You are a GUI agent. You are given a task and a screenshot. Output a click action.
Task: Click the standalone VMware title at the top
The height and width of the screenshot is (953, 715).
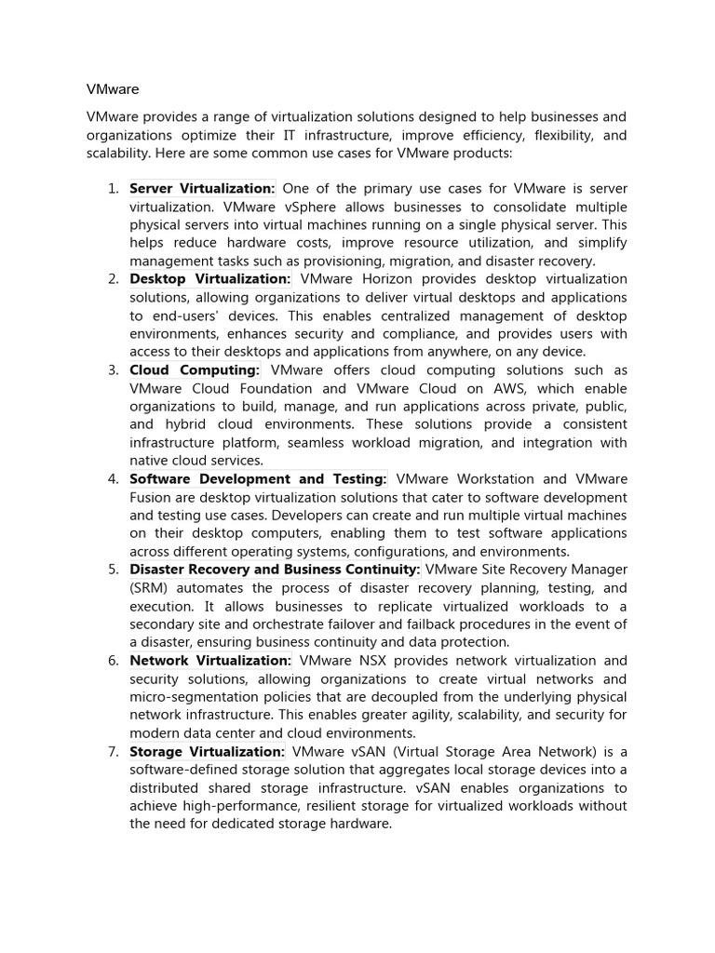(113, 89)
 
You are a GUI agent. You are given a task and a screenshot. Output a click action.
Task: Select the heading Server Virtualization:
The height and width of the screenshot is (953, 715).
(202, 189)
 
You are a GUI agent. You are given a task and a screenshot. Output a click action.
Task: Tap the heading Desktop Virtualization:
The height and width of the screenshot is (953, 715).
(209, 279)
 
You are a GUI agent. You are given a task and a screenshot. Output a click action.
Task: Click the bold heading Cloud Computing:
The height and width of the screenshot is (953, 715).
(195, 370)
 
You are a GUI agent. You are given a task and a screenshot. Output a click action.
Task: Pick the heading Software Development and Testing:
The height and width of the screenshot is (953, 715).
(258, 479)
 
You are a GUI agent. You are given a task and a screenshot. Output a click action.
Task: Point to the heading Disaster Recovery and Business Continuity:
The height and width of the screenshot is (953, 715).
(275, 570)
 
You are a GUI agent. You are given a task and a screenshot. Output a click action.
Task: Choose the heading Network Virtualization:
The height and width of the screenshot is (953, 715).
(210, 661)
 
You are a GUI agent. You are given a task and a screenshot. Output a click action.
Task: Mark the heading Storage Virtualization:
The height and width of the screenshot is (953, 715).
(207, 751)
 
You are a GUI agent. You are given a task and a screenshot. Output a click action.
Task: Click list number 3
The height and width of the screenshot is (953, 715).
(113, 370)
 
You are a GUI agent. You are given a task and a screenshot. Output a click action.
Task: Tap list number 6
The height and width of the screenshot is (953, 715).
(113, 661)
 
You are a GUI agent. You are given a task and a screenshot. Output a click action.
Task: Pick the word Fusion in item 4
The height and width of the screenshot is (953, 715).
(152, 498)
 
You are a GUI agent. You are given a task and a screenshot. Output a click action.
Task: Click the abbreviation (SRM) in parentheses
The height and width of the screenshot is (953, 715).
(152, 588)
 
